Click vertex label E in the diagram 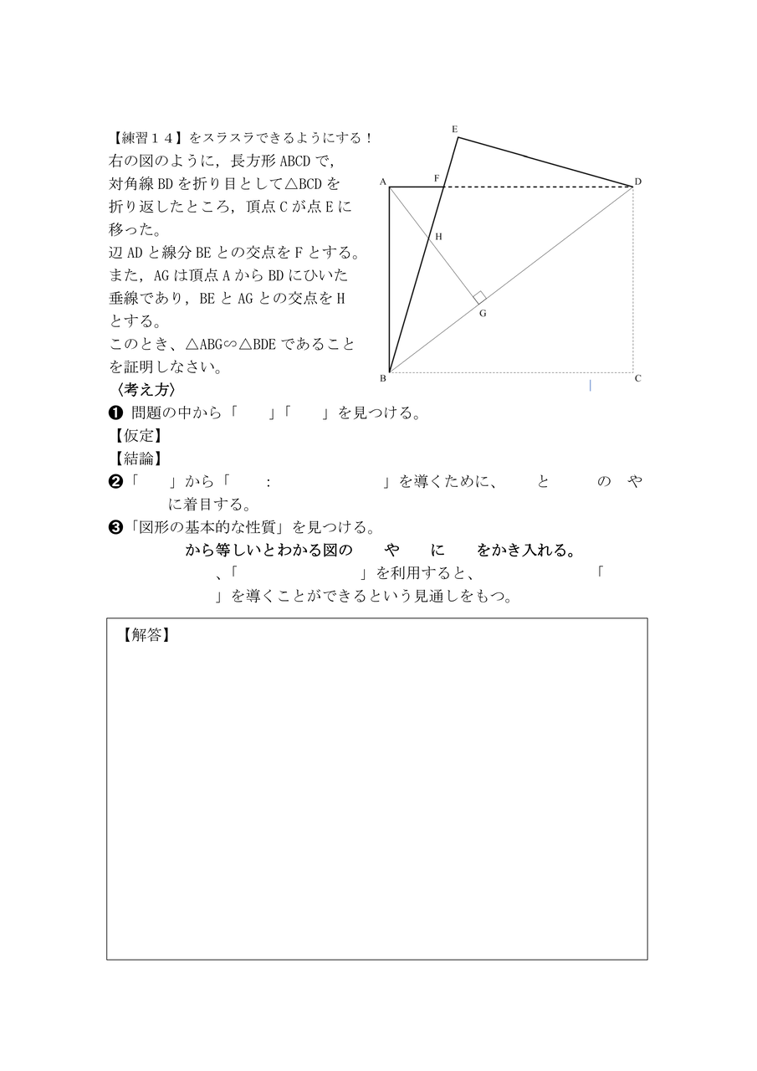click(x=454, y=129)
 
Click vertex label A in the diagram click(x=382, y=182)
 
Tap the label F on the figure click(x=437, y=178)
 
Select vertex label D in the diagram click(x=637, y=182)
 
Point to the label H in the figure click(x=437, y=237)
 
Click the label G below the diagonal click(x=482, y=313)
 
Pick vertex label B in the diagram click(x=382, y=378)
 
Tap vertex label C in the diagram click(x=637, y=378)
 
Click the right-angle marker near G click(x=479, y=297)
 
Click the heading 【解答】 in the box click(x=146, y=635)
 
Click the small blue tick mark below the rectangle click(x=591, y=386)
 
